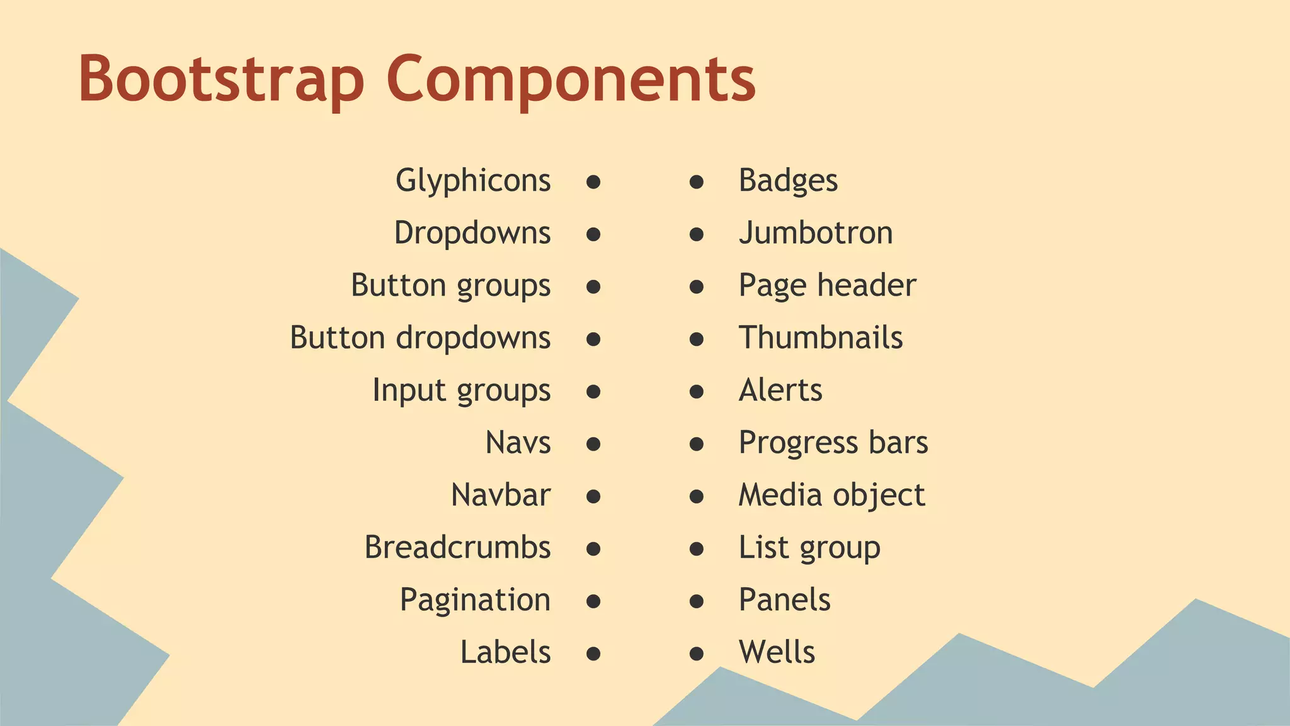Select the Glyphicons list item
pyautogui.click(x=473, y=181)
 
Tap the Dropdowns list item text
pyautogui.click(x=472, y=233)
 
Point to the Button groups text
pyautogui.click(x=450, y=285)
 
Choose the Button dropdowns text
pyautogui.click(x=420, y=338)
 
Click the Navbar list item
pyautogui.click(x=501, y=495)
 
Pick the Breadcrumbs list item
pyautogui.click(x=457, y=547)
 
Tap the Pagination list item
pyautogui.click(x=475, y=599)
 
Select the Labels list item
pyautogui.click(x=505, y=652)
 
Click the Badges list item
pyautogui.click(x=788, y=181)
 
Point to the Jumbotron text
pyautogui.click(x=816, y=233)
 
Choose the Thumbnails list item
pyautogui.click(x=821, y=338)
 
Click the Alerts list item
pyautogui.click(x=780, y=390)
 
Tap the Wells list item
pyautogui.click(x=777, y=652)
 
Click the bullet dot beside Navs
pyautogui.click(x=593, y=444)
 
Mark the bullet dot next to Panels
pyautogui.click(x=696, y=601)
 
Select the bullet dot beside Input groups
pyautogui.click(x=593, y=392)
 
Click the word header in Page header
pyautogui.click(x=867, y=285)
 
